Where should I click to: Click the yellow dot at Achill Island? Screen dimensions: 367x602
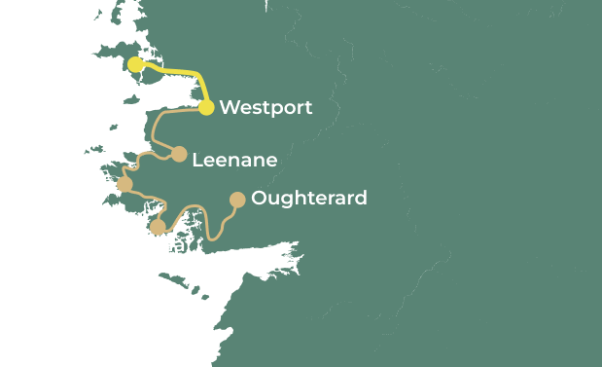pyautogui.click(x=135, y=64)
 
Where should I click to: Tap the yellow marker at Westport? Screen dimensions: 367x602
pyautogui.click(x=206, y=107)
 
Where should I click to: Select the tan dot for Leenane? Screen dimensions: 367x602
pyautogui.click(x=179, y=154)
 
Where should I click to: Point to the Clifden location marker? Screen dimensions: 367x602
pyautogui.click(x=124, y=184)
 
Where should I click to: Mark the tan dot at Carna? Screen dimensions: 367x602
pyautogui.click(x=158, y=227)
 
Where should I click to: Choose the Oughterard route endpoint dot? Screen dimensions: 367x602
pyautogui.click(x=236, y=200)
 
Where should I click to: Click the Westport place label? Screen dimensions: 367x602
pyautogui.click(x=266, y=107)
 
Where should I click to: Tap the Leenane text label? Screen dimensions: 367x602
pyautogui.click(x=234, y=160)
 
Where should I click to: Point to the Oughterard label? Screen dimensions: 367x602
pyautogui.click(x=308, y=199)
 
